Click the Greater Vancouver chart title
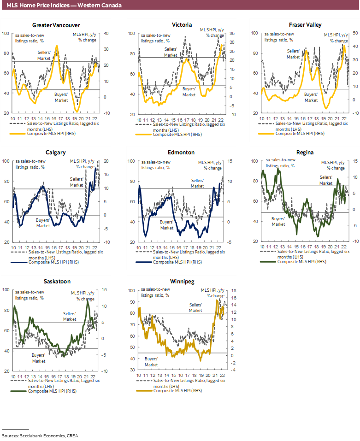tap(56, 25)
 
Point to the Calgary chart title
tap(56, 153)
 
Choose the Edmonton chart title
tap(182, 153)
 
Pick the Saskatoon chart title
tap(56, 281)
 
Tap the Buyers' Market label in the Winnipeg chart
tap(152, 361)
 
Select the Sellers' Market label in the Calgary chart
tap(77, 182)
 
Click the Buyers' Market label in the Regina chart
tap(278, 221)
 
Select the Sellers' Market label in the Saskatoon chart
tap(70, 316)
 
